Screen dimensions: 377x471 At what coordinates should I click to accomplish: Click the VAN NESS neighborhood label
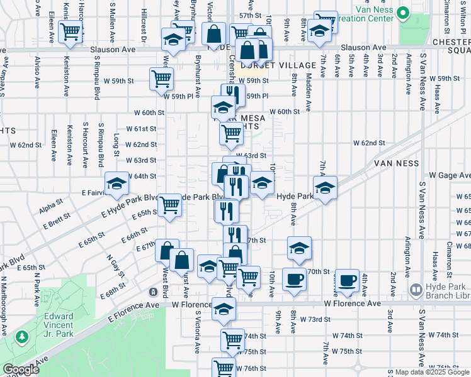(x=396, y=163)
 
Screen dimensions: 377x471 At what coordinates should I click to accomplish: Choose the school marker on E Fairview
(x=116, y=183)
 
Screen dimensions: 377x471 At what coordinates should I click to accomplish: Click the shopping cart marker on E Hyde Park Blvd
(x=169, y=204)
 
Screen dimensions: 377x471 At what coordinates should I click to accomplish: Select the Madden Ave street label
(x=309, y=85)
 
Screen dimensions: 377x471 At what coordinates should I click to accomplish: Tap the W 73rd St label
(x=314, y=319)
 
